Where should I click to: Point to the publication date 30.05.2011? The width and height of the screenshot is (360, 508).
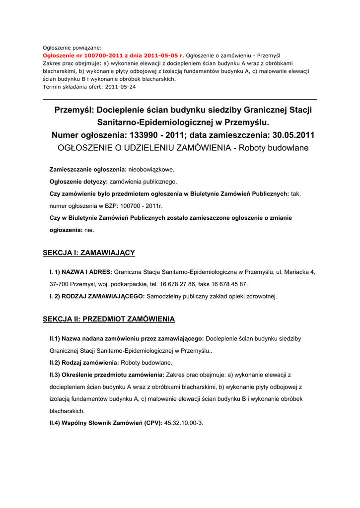tap(293, 135)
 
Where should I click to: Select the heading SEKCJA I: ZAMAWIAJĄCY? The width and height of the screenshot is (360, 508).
tap(89, 253)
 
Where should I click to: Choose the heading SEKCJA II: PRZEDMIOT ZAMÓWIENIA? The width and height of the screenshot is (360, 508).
tap(109, 319)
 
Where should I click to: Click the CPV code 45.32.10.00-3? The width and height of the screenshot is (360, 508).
tap(183, 423)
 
